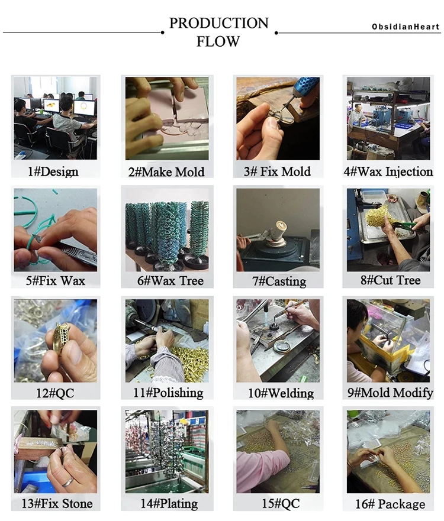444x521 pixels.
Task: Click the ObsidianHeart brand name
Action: click(x=406, y=27)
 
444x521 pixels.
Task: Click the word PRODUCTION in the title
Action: click(x=218, y=23)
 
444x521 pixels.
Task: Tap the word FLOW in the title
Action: click(x=218, y=41)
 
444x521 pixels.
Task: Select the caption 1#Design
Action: click(x=53, y=171)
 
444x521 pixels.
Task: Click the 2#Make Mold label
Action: click(x=166, y=171)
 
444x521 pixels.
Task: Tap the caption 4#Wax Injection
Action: click(x=388, y=171)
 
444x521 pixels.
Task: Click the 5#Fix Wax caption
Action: click(x=56, y=281)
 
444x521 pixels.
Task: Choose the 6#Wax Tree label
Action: click(x=170, y=281)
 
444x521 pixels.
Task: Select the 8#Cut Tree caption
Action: click(x=391, y=280)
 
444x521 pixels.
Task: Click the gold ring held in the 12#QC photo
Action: click(x=62, y=338)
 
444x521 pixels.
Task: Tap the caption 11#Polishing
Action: click(x=168, y=393)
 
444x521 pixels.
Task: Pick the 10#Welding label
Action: click(x=281, y=393)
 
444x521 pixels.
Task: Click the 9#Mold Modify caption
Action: click(x=390, y=393)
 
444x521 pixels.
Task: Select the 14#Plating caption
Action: click(x=169, y=503)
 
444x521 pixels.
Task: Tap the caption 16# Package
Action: click(x=390, y=504)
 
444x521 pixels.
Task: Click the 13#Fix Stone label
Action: click(x=57, y=503)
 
